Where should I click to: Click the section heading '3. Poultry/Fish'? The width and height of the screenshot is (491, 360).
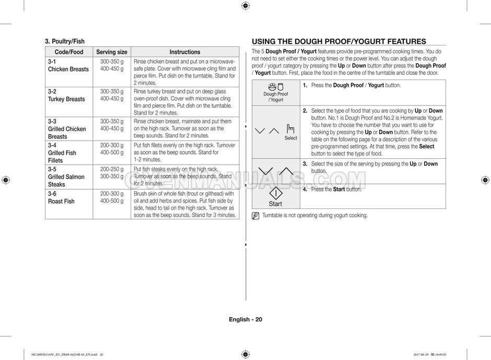tap(65, 41)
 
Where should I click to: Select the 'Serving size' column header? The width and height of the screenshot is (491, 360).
tap(111, 52)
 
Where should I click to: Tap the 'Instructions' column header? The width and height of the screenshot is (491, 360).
tap(184, 52)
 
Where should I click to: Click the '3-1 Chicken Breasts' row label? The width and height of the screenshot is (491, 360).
tap(68, 65)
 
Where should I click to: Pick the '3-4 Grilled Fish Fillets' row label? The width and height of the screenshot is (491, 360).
tap(62, 153)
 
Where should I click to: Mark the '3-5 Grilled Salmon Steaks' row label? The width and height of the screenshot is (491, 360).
tap(66, 177)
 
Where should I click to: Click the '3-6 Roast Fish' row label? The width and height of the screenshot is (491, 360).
tap(61, 198)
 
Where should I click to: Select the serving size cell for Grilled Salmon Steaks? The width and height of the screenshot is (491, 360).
tap(112, 173)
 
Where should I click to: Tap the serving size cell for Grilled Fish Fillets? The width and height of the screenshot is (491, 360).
tap(112, 149)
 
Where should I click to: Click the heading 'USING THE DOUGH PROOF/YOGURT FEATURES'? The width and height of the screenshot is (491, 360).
tap(339, 42)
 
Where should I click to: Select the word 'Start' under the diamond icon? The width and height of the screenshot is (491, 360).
tap(275, 204)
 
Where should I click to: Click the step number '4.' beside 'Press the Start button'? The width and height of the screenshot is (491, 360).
tap(305, 190)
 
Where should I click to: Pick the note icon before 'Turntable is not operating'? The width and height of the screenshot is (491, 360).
tap(255, 216)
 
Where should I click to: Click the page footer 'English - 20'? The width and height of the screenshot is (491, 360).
tap(245, 320)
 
